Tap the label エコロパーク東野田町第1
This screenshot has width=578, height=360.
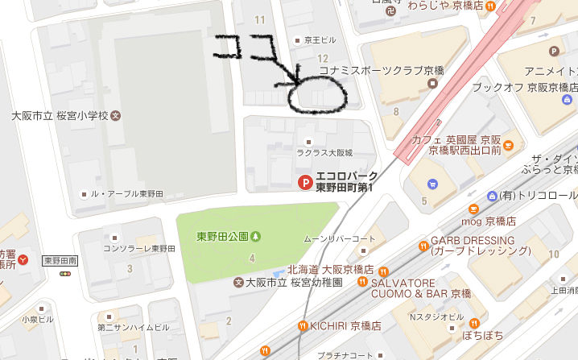click(x=346, y=183)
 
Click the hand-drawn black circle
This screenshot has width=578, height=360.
click(x=317, y=96)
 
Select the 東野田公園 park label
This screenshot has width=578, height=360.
click(x=222, y=236)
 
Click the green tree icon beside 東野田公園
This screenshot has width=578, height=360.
click(x=256, y=236)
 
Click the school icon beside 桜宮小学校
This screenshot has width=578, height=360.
click(x=115, y=115)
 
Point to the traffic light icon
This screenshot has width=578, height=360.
click(x=64, y=274)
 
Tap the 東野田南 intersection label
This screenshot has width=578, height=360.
click(x=63, y=259)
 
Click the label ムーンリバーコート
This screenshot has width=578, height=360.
click(x=339, y=239)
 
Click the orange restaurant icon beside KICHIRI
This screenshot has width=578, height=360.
click(x=303, y=325)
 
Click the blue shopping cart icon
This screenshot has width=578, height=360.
click(x=434, y=183)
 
